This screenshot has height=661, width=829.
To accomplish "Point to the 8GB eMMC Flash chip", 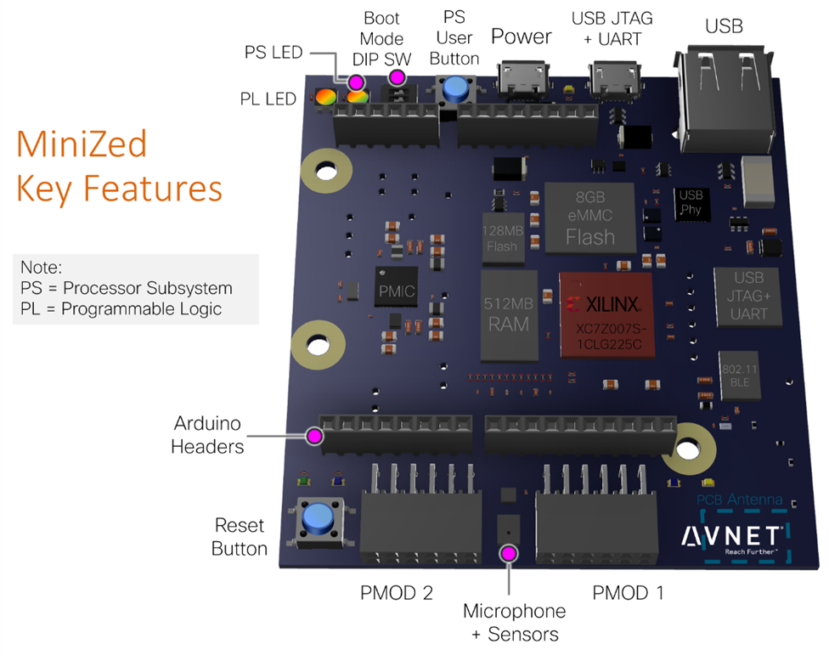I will click(x=589, y=217).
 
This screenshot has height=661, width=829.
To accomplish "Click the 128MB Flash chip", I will click(x=502, y=235).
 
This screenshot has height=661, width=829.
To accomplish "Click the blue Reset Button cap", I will click(x=318, y=516).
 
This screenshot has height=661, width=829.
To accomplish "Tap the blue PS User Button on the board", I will click(x=457, y=88).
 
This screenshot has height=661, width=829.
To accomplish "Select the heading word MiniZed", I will click(x=82, y=144).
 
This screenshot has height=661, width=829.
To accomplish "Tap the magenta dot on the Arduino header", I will click(x=313, y=436).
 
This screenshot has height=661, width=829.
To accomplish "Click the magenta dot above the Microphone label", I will click(x=509, y=554).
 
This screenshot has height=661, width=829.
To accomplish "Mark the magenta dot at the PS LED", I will click(x=356, y=82).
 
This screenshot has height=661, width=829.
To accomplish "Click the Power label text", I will click(x=522, y=37).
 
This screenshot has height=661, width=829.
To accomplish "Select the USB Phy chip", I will click(x=690, y=201).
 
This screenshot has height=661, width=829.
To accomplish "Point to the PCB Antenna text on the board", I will click(x=739, y=500).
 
